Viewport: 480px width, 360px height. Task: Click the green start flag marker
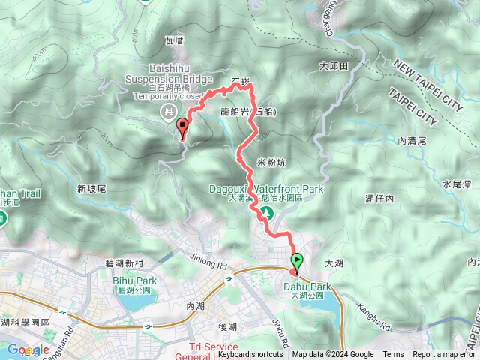pos(297,263)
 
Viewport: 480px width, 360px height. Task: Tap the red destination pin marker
pos(181,128)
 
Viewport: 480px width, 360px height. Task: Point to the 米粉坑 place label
pos(271,161)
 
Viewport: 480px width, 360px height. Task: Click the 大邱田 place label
pos(334,66)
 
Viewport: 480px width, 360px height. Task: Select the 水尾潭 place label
pos(455,183)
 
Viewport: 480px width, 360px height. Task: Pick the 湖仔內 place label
pos(379,199)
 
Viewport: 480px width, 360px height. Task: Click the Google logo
pos(28,349)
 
